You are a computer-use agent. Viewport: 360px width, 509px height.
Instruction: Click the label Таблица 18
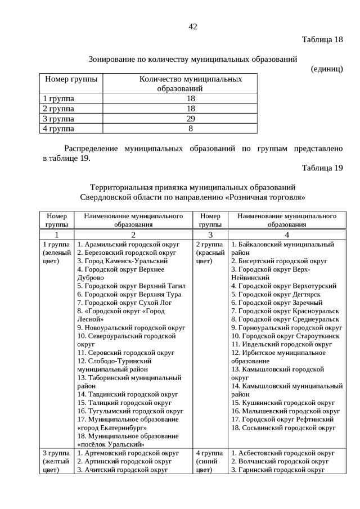322,39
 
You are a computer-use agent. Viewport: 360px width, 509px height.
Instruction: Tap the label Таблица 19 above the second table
322,168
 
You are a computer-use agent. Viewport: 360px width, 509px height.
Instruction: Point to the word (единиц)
326,69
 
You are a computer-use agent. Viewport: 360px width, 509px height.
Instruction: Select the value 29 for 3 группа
190,119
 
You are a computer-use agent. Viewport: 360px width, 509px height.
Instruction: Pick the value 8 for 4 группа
190,129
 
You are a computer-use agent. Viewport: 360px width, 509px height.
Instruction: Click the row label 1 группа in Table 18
58,98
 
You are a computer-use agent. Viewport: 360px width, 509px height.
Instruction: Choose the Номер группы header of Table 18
71,79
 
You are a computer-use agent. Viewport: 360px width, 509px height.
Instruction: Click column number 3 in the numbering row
210,235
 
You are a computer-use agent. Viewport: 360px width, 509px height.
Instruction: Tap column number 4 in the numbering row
287,235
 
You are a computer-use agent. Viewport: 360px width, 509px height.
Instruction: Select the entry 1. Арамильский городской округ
128,245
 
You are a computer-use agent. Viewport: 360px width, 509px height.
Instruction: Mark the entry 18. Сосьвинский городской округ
283,427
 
